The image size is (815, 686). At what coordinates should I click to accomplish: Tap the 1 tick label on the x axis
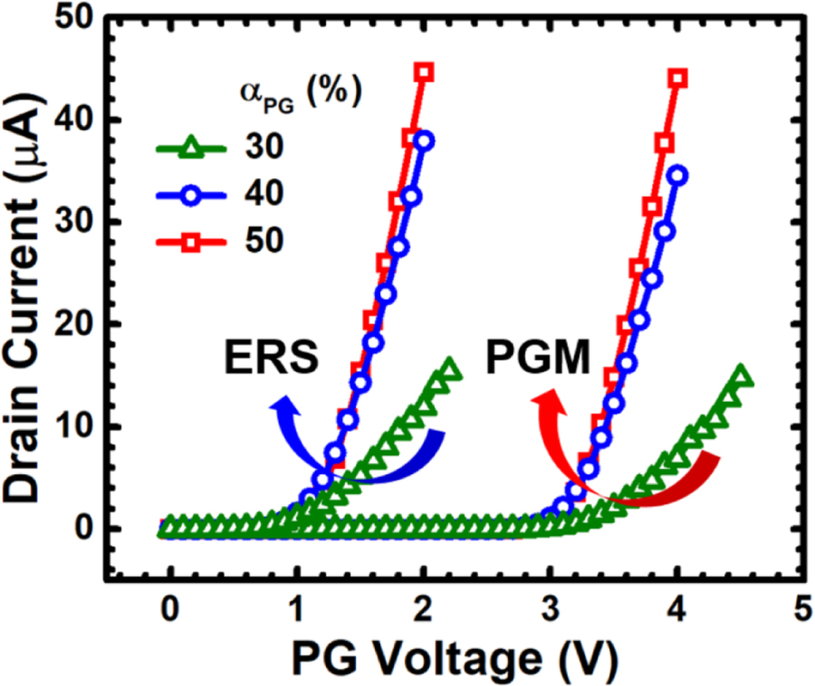[x=295, y=607]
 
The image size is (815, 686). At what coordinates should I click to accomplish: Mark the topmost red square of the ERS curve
[x=424, y=72]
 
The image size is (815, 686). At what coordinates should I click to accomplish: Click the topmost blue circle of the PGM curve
[x=676, y=175]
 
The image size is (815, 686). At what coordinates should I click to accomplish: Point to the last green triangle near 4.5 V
[x=742, y=376]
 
